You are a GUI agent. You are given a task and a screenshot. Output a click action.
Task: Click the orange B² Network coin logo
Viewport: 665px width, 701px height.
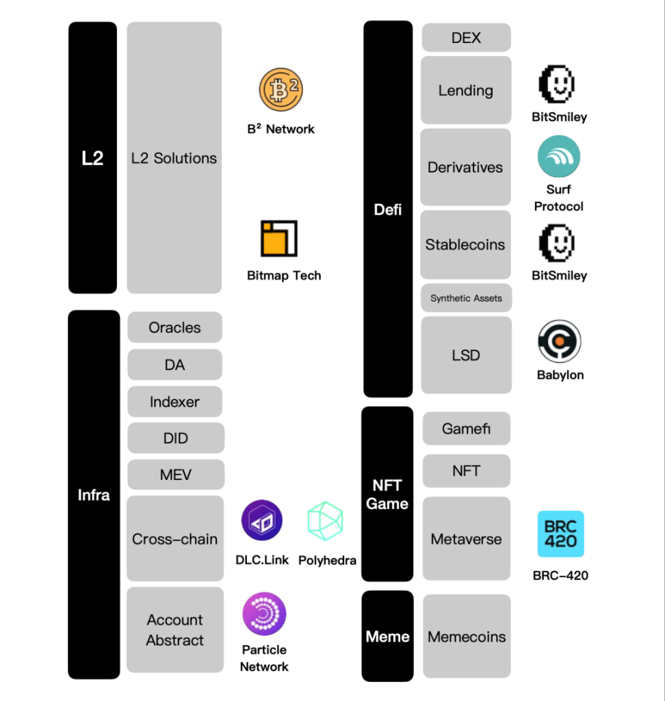281,90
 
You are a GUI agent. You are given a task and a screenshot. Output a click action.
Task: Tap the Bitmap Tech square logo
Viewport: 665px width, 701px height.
279,238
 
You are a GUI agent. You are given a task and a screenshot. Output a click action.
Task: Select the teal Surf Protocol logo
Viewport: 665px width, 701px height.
558,157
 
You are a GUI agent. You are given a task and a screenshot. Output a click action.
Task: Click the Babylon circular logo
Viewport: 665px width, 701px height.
559,341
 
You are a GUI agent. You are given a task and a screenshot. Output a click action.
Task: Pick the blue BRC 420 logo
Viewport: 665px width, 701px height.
561,534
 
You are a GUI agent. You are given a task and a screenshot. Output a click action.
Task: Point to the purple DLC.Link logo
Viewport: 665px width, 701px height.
261,520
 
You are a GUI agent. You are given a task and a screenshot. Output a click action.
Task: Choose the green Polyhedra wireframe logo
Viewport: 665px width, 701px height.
326,521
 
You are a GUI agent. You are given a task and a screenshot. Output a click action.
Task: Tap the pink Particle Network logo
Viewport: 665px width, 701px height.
264,614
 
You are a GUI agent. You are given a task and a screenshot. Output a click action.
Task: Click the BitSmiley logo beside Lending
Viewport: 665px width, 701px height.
557,84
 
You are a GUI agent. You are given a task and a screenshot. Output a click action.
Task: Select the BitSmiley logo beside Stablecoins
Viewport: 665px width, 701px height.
557,243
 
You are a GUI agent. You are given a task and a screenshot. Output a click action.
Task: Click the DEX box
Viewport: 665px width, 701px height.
466,38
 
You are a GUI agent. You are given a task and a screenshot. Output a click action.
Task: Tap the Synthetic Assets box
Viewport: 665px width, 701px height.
466,297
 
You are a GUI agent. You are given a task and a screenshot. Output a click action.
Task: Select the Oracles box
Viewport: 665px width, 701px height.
175,328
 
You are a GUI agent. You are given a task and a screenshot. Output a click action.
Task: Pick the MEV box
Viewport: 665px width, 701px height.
176,475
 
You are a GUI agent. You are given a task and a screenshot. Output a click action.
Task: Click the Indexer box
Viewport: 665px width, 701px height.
175,401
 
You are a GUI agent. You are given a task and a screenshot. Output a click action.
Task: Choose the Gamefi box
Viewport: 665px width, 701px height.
467,428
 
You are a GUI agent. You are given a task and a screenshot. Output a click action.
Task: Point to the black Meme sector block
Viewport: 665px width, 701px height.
387,636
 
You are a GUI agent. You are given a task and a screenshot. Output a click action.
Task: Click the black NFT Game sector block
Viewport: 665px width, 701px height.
387,494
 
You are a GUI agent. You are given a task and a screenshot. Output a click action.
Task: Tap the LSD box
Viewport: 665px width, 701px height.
466,355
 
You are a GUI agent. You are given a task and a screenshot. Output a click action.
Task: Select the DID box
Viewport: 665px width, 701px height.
176,438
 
